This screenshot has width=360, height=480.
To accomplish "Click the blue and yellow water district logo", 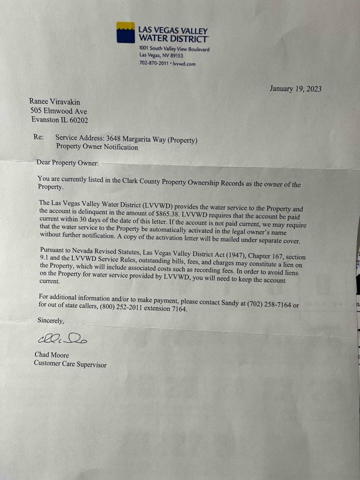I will pos(125,32).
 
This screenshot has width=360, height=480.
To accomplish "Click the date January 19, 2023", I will pos(295,89).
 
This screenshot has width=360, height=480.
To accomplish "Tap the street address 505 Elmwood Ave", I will pos(59,111).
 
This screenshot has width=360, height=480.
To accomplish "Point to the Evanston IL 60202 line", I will pos(59,120).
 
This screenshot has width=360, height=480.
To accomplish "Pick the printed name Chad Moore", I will pos(52,355).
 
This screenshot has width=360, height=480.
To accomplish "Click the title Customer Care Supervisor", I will pos(70,364).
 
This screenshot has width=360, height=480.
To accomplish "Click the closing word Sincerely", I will pos(50,320).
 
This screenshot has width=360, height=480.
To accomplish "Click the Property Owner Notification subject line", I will pos(97,147).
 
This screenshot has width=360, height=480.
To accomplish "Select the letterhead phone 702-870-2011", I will pos(153,62).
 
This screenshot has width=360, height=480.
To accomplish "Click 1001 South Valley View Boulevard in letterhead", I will pos(174,48).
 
